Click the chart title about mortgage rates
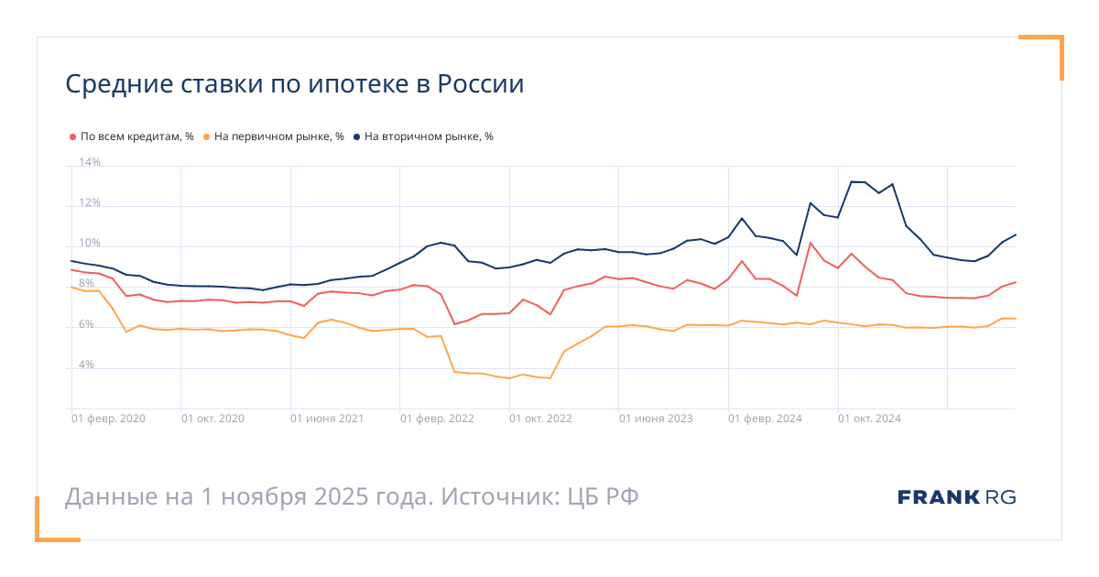click(294, 85)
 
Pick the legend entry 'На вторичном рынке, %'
click(429, 136)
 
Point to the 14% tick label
click(90, 163)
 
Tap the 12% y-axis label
click(90, 203)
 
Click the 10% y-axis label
click(90, 244)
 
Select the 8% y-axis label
click(87, 284)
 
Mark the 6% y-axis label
click(87, 324)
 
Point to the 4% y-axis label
click(87, 365)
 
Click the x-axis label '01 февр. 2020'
click(109, 419)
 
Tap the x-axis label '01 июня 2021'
click(327, 419)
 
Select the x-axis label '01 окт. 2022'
click(541, 419)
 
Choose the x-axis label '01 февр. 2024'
click(765, 419)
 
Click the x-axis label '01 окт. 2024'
click(869, 419)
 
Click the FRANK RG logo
click(957, 497)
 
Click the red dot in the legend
click(73, 136)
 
